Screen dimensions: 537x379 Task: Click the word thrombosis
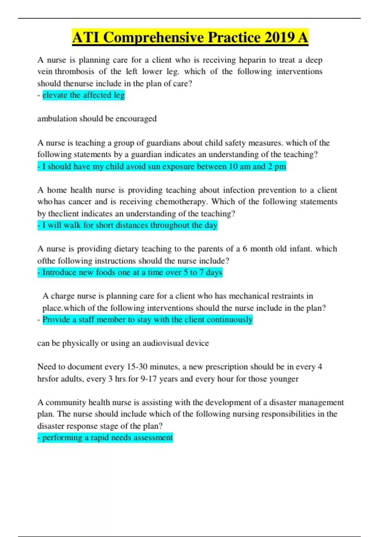coord(75,71)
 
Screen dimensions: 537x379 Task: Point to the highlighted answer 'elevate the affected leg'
coord(83,95)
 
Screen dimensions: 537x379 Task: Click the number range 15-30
coord(137,367)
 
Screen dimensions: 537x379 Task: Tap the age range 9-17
coord(148,379)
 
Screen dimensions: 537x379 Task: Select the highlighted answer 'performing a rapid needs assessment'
coord(107,438)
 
